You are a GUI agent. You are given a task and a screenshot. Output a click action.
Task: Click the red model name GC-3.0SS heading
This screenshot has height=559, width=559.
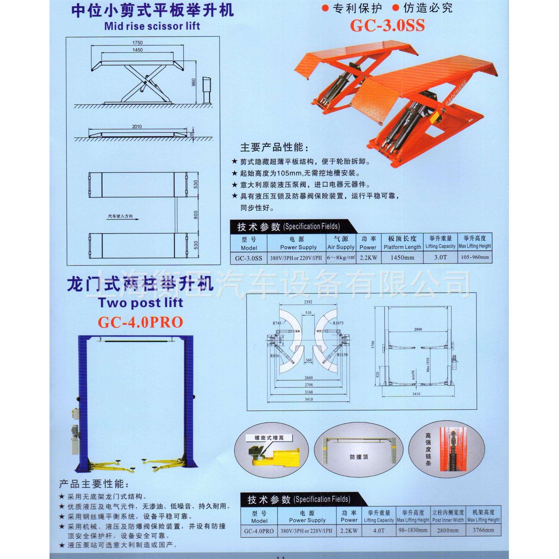[387, 26]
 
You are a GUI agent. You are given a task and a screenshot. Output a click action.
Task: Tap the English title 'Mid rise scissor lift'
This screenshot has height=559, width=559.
[152, 26]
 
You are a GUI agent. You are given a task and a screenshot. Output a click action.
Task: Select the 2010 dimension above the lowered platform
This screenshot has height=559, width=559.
[137, 127]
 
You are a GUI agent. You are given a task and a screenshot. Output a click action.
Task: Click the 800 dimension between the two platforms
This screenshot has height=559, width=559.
[196, 215]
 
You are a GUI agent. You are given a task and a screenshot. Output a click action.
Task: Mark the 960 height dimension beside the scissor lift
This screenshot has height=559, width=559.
[194, 83]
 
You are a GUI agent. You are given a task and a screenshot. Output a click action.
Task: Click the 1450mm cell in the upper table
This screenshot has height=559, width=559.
[402, 257]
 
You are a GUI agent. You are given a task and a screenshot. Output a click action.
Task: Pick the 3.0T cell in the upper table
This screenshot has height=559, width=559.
[440, 257]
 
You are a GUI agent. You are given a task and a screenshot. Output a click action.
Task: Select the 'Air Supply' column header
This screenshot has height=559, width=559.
[341, 247]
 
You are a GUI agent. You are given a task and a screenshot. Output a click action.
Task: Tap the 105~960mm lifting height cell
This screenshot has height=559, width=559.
[475, 257]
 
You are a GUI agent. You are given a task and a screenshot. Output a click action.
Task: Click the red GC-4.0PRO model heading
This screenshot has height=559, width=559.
[141, 322]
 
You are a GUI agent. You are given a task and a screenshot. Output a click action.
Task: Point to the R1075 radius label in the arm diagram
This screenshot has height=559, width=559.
[338, 323]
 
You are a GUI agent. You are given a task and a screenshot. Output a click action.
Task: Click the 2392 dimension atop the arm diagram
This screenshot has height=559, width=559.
[308, 302]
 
